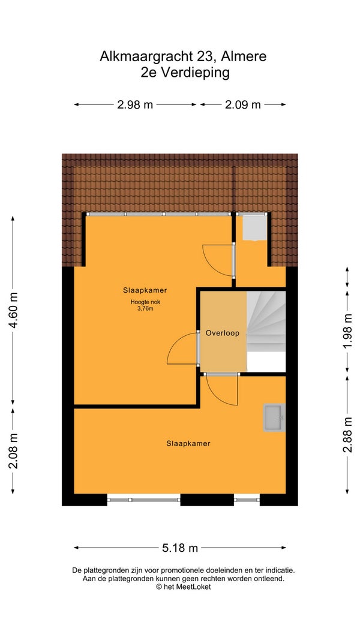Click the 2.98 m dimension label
[134, 105]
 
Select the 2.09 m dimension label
[243, 105]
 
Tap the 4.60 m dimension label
[13, 311]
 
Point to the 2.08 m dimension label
[13, 451]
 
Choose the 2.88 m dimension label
[347, 435]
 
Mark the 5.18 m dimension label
[180, 548]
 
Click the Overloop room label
[223, 333]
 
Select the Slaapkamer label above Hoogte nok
[145, 291]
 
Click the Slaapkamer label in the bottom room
[188, 443]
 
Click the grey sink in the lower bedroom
[274, 418]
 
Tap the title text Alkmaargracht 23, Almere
[183, 56]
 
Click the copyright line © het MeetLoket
[183, 587]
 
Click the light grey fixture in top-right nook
[255, 228]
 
